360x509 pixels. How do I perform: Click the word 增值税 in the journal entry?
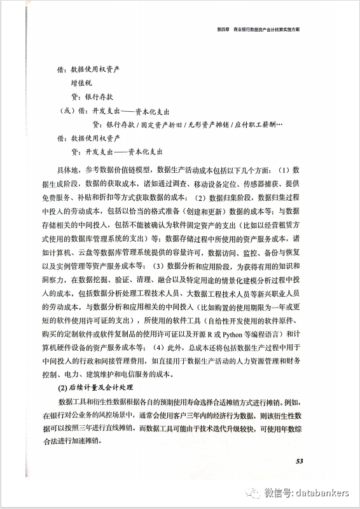tap(83, 82)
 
